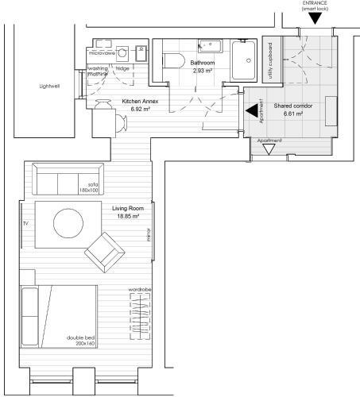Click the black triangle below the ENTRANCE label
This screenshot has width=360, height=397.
pos(315,17)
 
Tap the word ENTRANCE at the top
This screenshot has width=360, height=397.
pos(315,2)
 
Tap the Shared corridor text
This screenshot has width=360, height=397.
pos(293,106)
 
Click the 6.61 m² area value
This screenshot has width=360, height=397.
pos(294,114)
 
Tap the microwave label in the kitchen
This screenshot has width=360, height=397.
pos(103,54)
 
